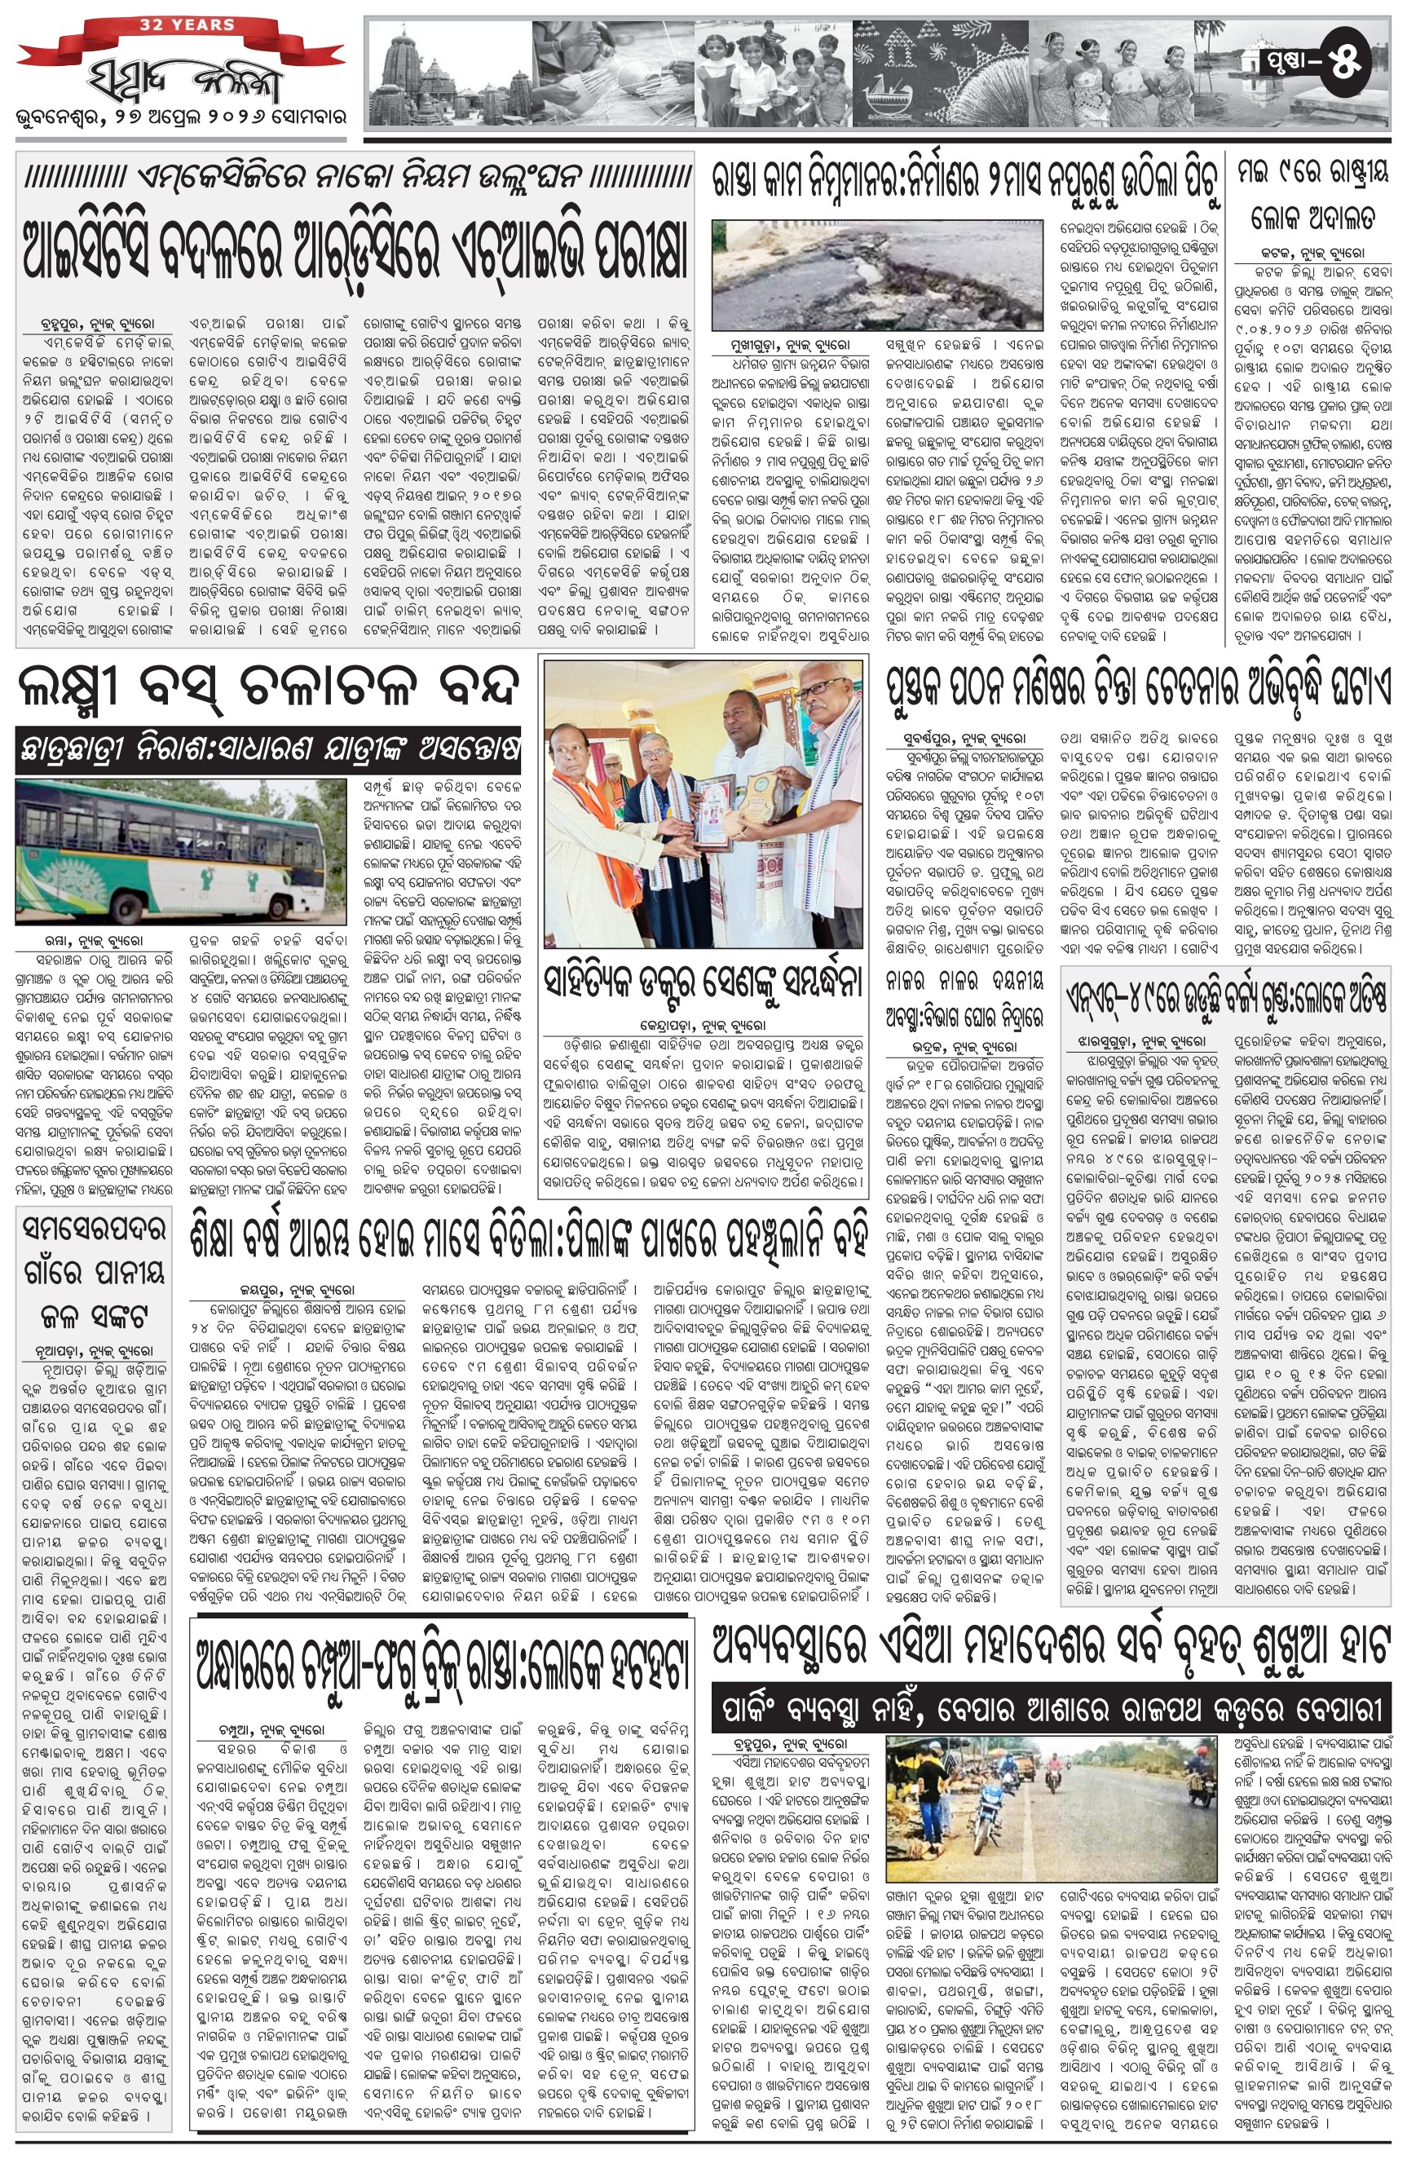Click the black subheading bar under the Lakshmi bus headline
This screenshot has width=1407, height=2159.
point(267,750)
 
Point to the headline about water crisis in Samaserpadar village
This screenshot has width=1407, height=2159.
point(94,1272)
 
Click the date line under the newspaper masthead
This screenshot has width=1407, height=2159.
point(180,119)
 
